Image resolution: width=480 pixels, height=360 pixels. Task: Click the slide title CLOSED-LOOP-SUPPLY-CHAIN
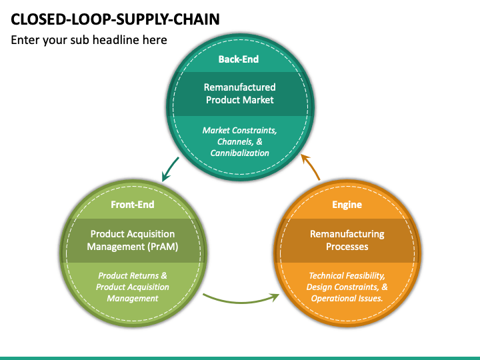(115, 19)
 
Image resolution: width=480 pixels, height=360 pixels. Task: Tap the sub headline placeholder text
(89, 40)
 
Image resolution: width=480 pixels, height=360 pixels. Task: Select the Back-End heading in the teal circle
(239, 59)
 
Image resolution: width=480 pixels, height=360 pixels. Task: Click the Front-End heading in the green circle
(133, 205)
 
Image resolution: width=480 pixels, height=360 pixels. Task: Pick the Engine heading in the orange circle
(347, 205)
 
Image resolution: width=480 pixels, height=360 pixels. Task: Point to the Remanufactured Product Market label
(240, 93)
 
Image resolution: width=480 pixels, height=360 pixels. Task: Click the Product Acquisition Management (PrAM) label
(133, 240)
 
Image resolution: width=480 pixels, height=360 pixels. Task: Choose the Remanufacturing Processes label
(347, 240)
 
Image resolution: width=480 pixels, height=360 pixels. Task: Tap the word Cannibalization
(240, 153)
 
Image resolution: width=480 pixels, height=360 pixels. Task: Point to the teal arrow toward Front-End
(169, 169)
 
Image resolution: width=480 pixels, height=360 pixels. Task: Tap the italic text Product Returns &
(133, 276)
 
